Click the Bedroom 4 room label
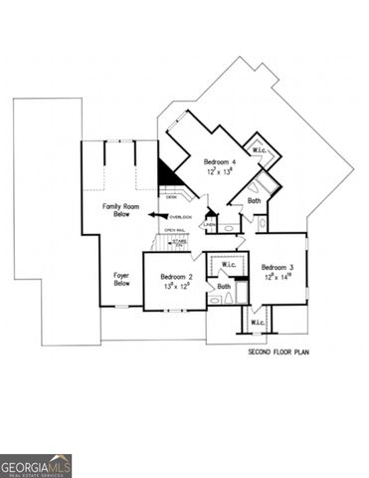[219, 161]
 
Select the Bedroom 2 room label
[177, 276]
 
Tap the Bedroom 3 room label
[277, 267]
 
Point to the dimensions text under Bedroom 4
[219, 171]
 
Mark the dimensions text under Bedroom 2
[177, 286]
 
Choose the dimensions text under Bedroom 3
[277, 277]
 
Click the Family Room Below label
[120, 209]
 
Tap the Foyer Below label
[122, 278]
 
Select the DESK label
[171, 197]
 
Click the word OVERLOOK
[180, 216]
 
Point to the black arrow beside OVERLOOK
[159, 215]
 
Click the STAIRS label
[180, 241]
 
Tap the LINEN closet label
[210, 225]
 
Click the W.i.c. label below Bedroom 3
[258, 323]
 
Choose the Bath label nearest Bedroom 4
[254, 200]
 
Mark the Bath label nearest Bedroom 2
[224, 287]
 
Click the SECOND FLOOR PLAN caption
[278, 353]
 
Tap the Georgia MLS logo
[36, 466]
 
